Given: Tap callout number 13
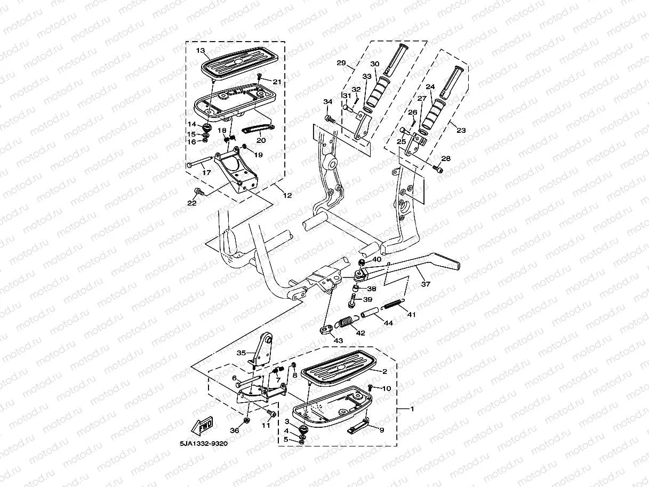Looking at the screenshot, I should pos(201,51).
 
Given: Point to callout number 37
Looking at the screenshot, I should pos(425,284).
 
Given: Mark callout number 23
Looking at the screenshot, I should pos(460,129).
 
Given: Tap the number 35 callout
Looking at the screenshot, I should pos(242,353).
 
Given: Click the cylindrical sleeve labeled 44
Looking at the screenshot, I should pos(372,314).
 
